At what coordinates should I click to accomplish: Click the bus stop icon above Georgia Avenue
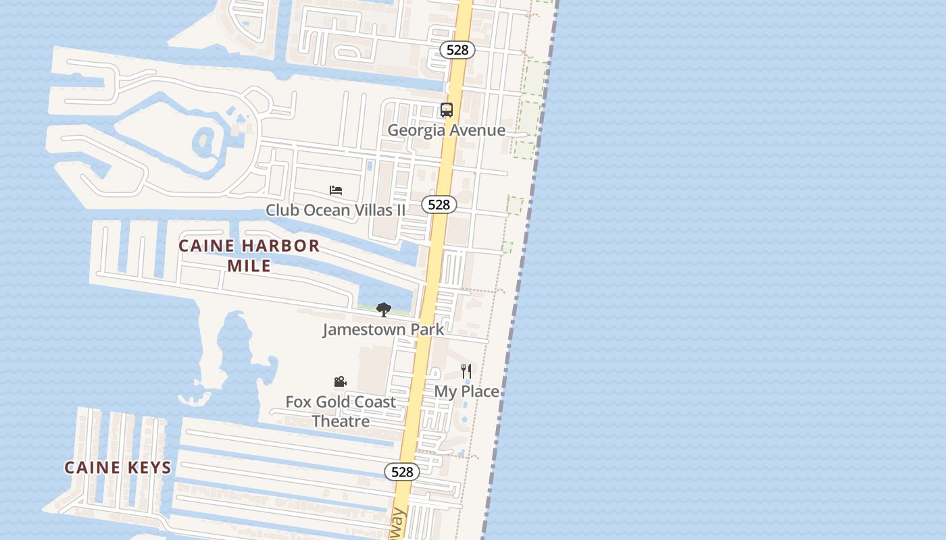[447, 110]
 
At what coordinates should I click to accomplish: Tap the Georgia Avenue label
[446, 130]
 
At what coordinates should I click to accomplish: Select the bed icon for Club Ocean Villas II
[336, 190]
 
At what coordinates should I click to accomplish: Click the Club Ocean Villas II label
[336, 210]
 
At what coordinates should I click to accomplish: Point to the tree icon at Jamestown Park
[384, 310]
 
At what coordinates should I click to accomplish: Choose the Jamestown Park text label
[383, 329]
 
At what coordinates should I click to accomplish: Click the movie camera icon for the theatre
[341, 382]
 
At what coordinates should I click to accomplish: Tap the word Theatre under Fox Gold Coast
[341, 421]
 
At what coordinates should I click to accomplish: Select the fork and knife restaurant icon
[466, 371]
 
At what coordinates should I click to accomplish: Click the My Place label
[466, 391]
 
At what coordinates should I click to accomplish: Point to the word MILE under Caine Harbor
[249, 266]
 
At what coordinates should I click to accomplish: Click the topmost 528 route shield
[457, 50]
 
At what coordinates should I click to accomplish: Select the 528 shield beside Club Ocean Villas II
[439, 205]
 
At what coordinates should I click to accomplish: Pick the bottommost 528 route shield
[402, 472]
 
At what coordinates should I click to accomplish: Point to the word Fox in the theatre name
[299, 402]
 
